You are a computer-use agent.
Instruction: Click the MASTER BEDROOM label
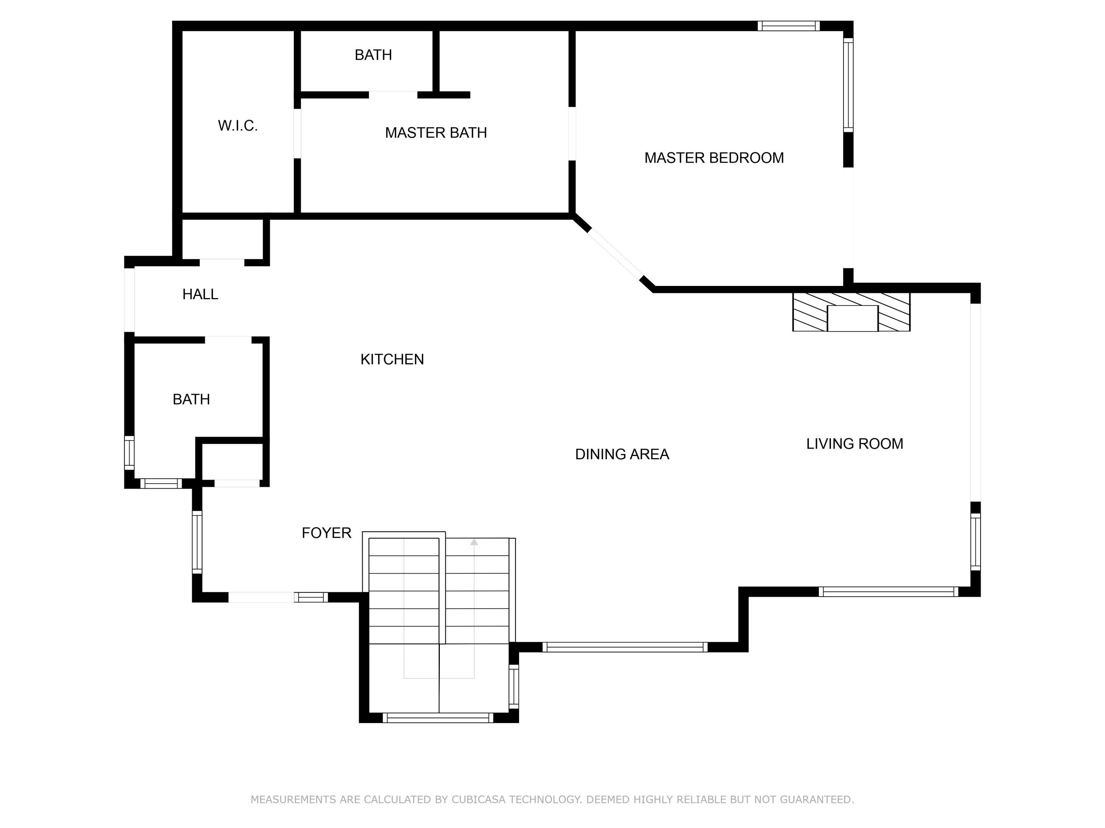[x=714, y=158]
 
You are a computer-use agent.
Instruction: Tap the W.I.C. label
[x=238, y=126]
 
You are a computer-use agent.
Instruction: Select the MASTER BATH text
[x=436, y=133]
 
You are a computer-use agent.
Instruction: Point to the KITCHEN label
[x=392, y=359]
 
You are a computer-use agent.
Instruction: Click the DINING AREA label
[x=622, y=454]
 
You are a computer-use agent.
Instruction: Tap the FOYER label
[x=326, y=533]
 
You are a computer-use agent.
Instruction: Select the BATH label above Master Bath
[x=373, y=55]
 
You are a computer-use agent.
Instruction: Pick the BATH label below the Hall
[x=191, y=399]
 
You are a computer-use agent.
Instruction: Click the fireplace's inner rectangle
[x=852, y=318]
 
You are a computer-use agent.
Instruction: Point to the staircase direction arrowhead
[x=474, y=542]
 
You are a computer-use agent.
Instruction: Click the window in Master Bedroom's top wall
[x=788, y=26]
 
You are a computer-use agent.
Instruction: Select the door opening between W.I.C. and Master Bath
[x=297, y=133]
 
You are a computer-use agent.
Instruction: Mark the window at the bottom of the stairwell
[x=438, y=718]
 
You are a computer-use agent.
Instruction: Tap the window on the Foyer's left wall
[x=197, y=542]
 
